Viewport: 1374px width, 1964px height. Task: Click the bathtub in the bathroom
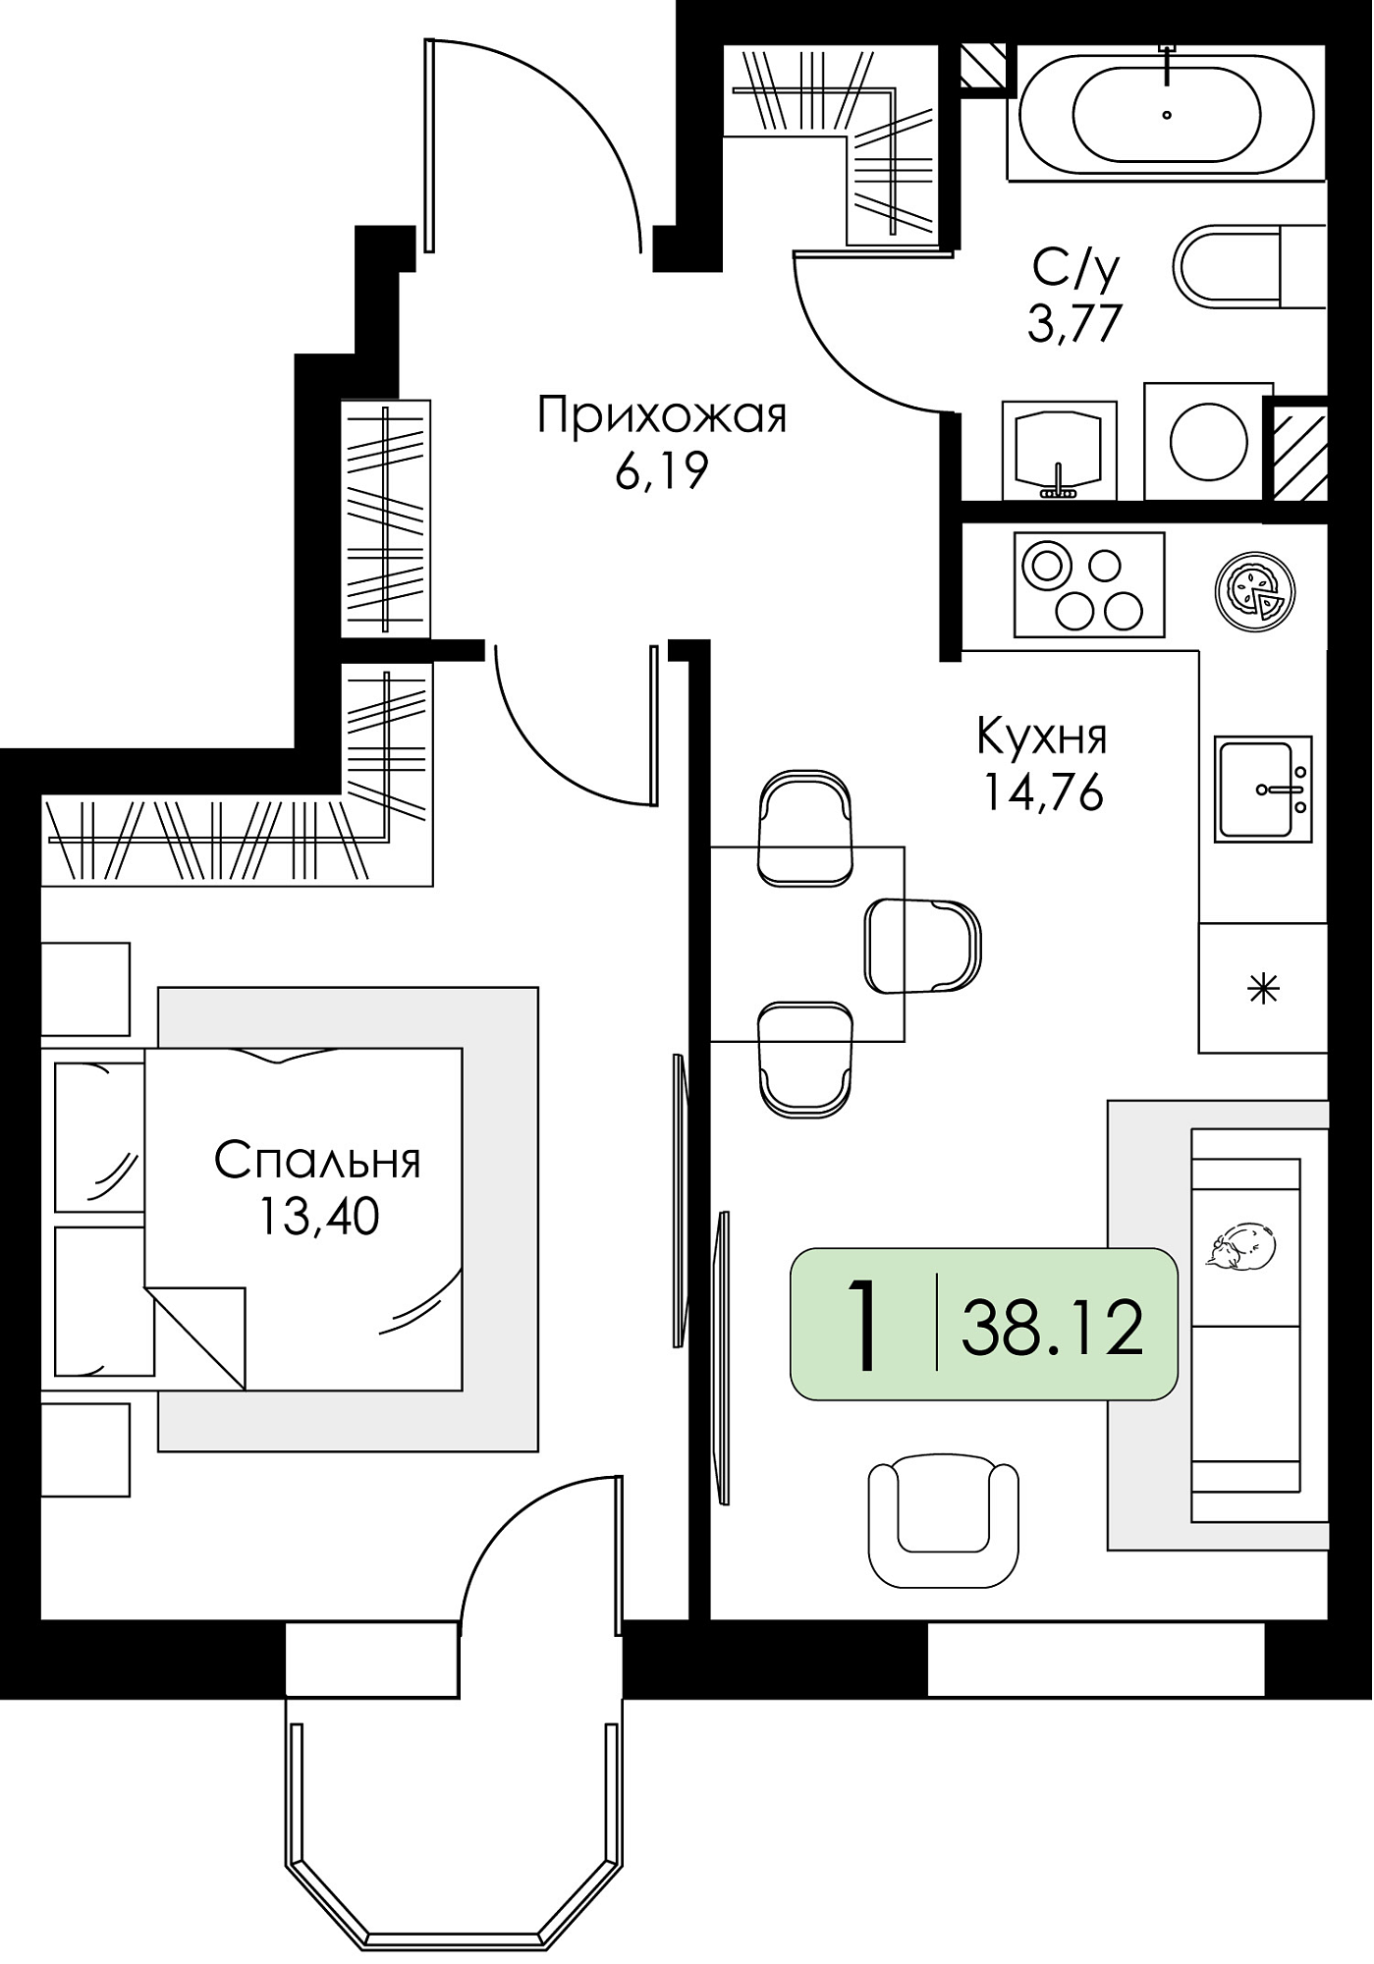[1167, 114]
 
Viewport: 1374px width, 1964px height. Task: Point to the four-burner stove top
[1089, 585]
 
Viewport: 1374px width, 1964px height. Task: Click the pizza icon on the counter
[1254, 592]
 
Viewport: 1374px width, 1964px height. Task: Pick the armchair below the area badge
[943, 1519]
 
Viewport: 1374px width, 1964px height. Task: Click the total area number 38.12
[1053, 1327]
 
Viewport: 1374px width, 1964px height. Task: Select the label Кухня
[1042, 736]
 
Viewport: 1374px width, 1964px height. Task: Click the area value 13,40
[318, 1217]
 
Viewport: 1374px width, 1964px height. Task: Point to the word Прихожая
[662, 417]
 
